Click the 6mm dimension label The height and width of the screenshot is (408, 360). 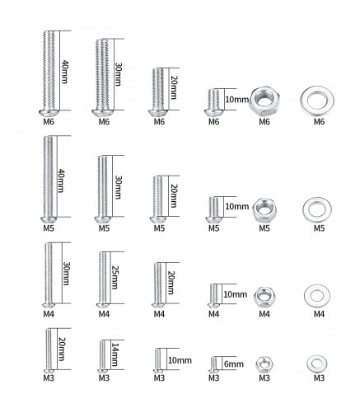point(234,364)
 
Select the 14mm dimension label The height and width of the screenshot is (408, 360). point(115,354)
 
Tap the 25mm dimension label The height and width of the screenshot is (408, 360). point(115,277)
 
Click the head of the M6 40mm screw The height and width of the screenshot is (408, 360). point(49,113)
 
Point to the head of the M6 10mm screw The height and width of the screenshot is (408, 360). point(213,113)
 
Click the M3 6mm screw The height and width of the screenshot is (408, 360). point(213,365)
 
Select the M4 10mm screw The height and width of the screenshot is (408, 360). point(213,296)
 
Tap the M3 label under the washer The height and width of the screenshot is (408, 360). point(319,378)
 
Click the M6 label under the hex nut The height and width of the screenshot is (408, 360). point(264,121)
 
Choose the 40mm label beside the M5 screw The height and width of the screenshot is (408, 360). point(60,181)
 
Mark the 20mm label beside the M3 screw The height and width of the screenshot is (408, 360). point(61,349)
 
